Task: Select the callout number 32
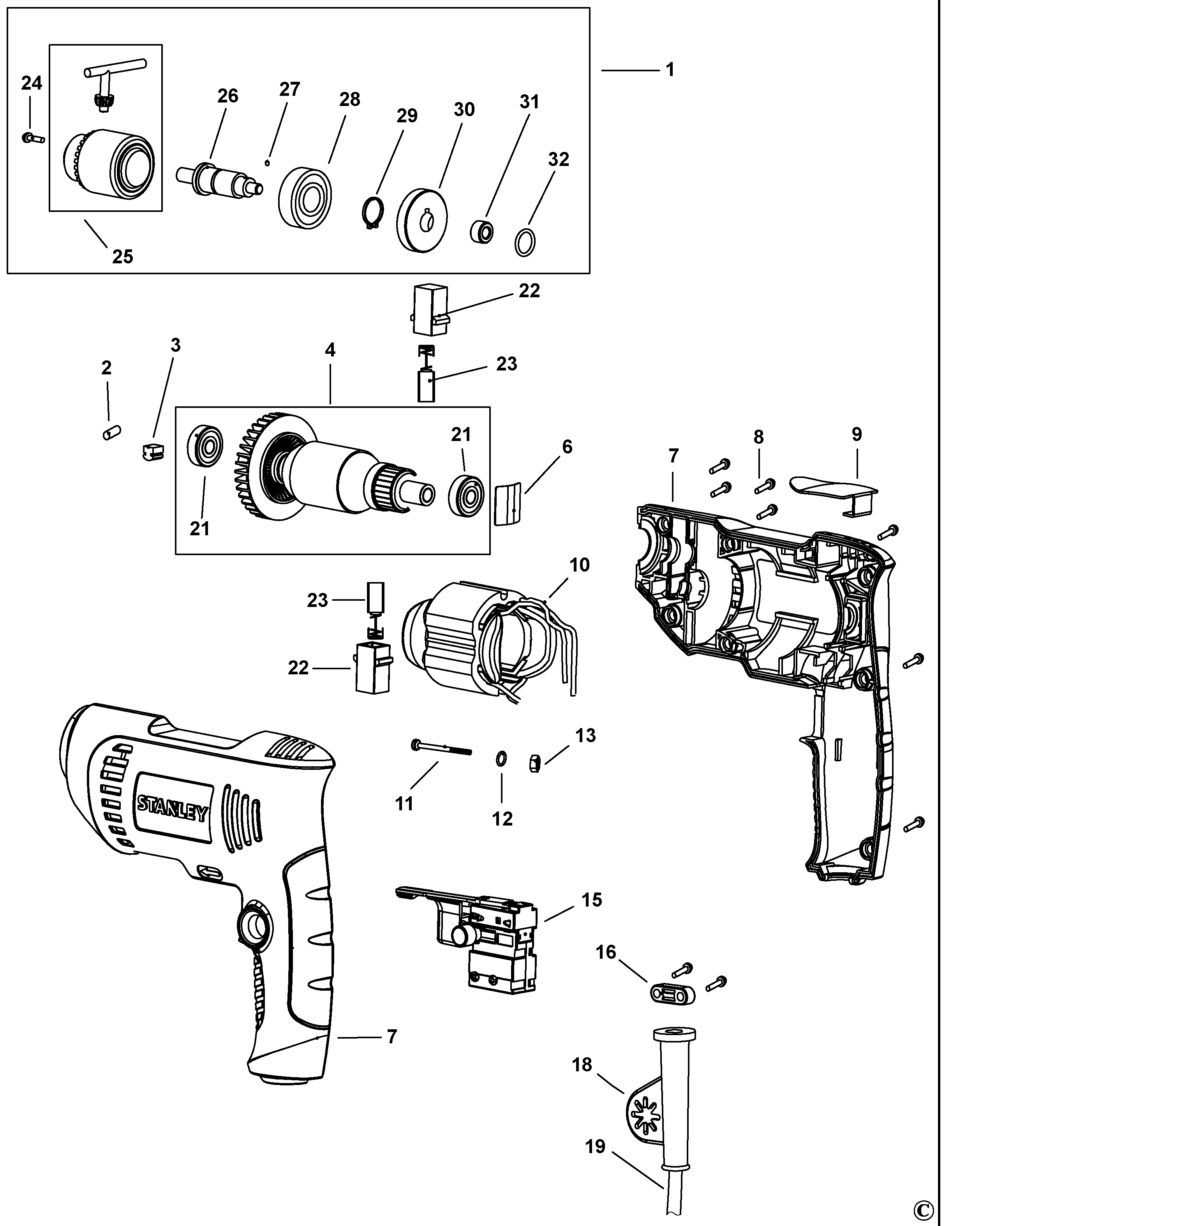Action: pos(559,159)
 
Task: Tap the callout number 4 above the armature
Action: pos(330,350)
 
